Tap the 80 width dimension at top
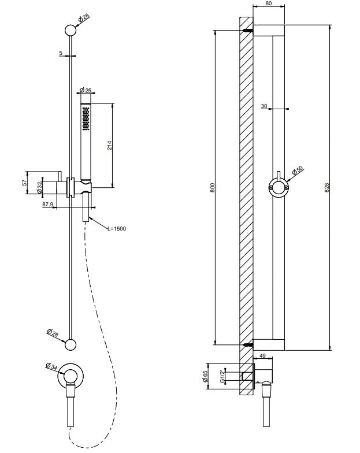pyautogui.click(x=269, y=3)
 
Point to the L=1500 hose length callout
pyautogui.click(x=116, y=228)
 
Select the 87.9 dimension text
pyautogui.click(x=48, y=204)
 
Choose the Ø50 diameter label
pyautogui.click(x=298, y=172)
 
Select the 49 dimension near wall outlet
pyautogui.click(x=263, y=357)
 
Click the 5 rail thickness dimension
pyautogui.click(x=61, y=53)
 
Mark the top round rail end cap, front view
pyautogui.click(x=70, y=32)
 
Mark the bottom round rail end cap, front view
pyautogui.click(x=70, y=344)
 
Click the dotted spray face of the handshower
pyautogui.click(x=86, y=118)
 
